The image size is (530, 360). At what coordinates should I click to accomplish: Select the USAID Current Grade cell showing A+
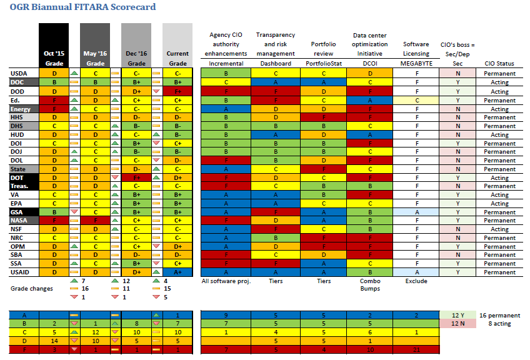coord(177,272)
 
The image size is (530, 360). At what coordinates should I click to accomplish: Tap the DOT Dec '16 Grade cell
coord(136,177)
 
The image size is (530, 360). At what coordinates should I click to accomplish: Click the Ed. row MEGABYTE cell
coord(416,100)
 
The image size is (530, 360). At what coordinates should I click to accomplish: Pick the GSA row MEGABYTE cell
coord(416,212)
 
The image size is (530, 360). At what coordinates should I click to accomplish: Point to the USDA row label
coord(19,74)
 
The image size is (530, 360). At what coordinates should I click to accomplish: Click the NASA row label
coord(19,221)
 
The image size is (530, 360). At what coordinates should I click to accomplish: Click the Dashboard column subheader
coord(275,64)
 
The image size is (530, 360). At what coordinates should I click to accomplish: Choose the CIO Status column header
coord(499,64)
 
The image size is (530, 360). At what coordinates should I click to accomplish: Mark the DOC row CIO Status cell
coord(499,82)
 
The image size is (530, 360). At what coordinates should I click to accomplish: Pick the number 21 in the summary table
coord(416,349)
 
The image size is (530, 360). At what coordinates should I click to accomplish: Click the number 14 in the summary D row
coord(53,341)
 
